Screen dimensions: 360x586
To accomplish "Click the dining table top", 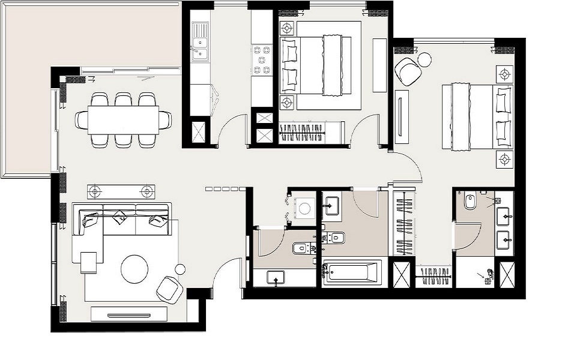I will pos(123,119).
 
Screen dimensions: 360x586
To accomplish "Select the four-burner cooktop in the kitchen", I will pos(262,61).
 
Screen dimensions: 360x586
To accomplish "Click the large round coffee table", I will pos(134,269).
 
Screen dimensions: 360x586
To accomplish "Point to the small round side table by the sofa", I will pos(180,268).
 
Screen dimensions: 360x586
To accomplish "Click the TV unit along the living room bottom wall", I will pos(128,314).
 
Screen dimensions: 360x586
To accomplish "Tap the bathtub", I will pos(351,273).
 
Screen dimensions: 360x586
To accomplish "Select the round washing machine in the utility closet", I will pos(305,209).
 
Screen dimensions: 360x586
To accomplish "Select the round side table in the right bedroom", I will pos(424,59).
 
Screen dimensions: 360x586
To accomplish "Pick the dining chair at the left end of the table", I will pos(82,119).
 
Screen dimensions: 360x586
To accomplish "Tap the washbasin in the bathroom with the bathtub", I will pos(331,207).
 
